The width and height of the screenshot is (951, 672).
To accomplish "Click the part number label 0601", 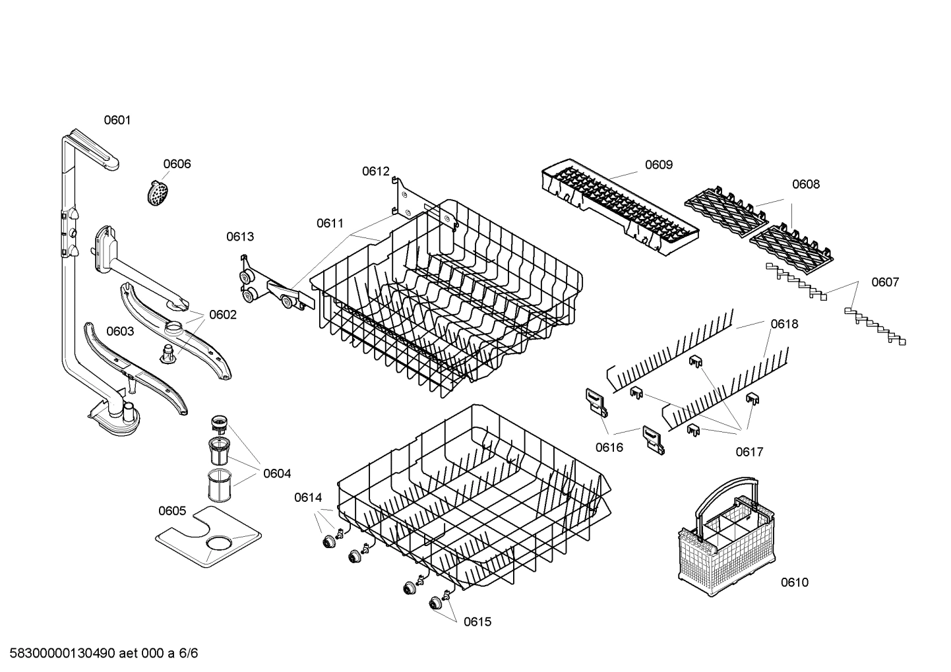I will point(117,120).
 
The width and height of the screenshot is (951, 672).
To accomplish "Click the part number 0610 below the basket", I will point(794,582).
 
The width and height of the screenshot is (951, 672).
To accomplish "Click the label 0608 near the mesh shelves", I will point(805,185).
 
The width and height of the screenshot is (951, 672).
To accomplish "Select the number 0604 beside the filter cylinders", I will point(277,473).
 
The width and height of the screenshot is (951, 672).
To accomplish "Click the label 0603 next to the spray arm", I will point(120,331).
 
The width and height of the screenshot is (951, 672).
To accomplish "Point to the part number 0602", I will point(223,315).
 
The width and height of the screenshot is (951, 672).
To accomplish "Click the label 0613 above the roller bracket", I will point(240,237).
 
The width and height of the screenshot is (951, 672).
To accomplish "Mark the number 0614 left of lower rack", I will point(308,498).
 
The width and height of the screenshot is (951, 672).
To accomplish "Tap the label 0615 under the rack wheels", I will point(477,622).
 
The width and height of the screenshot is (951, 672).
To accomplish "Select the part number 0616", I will point(609,448).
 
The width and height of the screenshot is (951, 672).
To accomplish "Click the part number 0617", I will point(750,452).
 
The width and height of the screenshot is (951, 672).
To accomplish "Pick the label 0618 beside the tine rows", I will point(784,324).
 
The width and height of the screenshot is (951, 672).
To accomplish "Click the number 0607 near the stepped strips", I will point(885,282).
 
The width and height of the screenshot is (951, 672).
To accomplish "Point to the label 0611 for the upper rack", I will point(330,224).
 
